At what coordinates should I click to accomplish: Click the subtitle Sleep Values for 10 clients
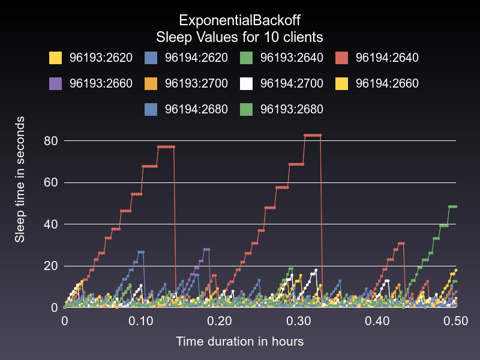click(x=239, y=37)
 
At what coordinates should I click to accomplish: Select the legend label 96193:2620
click(x=101, y=58)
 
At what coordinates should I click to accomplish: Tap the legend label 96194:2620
click(x=196, y=58)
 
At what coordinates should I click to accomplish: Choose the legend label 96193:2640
click(x=292, y=58)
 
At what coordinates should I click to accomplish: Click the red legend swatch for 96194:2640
click(x=342, y=58)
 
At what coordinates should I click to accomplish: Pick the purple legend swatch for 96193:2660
click(x=56, y=83)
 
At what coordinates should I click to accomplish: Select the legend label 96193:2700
click(x=196, y=83)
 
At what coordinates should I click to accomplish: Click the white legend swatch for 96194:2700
click(x=247, y=83)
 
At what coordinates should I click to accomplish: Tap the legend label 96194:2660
click(x=387, y=83)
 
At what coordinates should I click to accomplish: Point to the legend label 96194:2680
click(x=196, y=109)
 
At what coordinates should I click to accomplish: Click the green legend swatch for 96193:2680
click(x=247, y=109)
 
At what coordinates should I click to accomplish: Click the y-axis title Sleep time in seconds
click(x=20, y=180)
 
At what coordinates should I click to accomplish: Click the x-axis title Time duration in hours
click(x=239, y=341)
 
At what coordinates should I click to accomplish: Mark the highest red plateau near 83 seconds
click(x=313, y=135)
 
